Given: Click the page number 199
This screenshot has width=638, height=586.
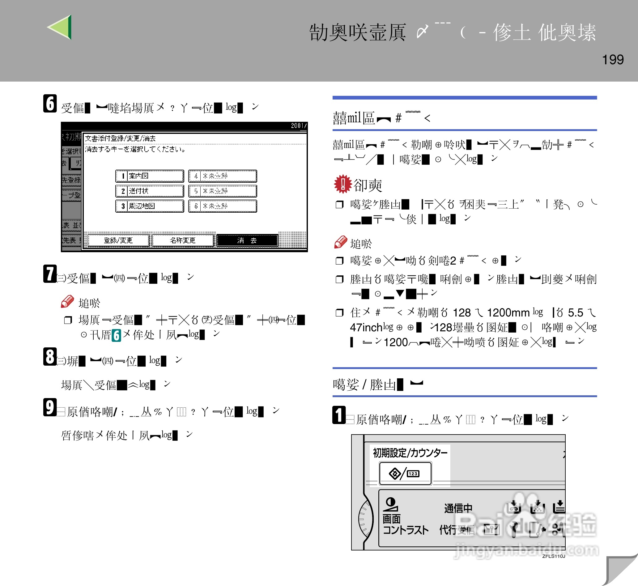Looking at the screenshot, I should (613, 60).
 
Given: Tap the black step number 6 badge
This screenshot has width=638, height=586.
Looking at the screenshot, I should (50, 104).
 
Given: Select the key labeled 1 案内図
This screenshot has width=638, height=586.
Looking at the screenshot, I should (150, 176).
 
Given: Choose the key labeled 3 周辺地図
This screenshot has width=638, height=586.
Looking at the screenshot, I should (150, 206).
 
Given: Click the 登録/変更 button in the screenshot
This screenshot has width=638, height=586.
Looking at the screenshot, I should (118, 240).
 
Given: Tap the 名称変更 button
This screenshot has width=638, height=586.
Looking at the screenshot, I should (183, 240).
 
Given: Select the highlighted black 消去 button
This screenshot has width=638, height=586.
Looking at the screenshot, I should (247, 240).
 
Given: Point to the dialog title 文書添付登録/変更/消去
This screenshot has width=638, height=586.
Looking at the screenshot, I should (121, 138).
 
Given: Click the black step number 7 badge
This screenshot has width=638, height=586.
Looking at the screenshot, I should (50, 274).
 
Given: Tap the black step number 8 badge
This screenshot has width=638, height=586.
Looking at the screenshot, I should (50, 357).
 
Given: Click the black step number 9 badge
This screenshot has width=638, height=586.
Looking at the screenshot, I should (50, 407).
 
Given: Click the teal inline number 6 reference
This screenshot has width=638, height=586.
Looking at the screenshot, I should (116, 335).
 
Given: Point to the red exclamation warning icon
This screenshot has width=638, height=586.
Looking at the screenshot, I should (343, 184).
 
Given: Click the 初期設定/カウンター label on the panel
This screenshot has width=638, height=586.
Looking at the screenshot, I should (410, 453).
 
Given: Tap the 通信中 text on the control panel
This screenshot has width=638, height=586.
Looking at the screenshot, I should (458, 508).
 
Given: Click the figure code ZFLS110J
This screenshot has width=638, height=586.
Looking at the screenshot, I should (554, 556).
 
